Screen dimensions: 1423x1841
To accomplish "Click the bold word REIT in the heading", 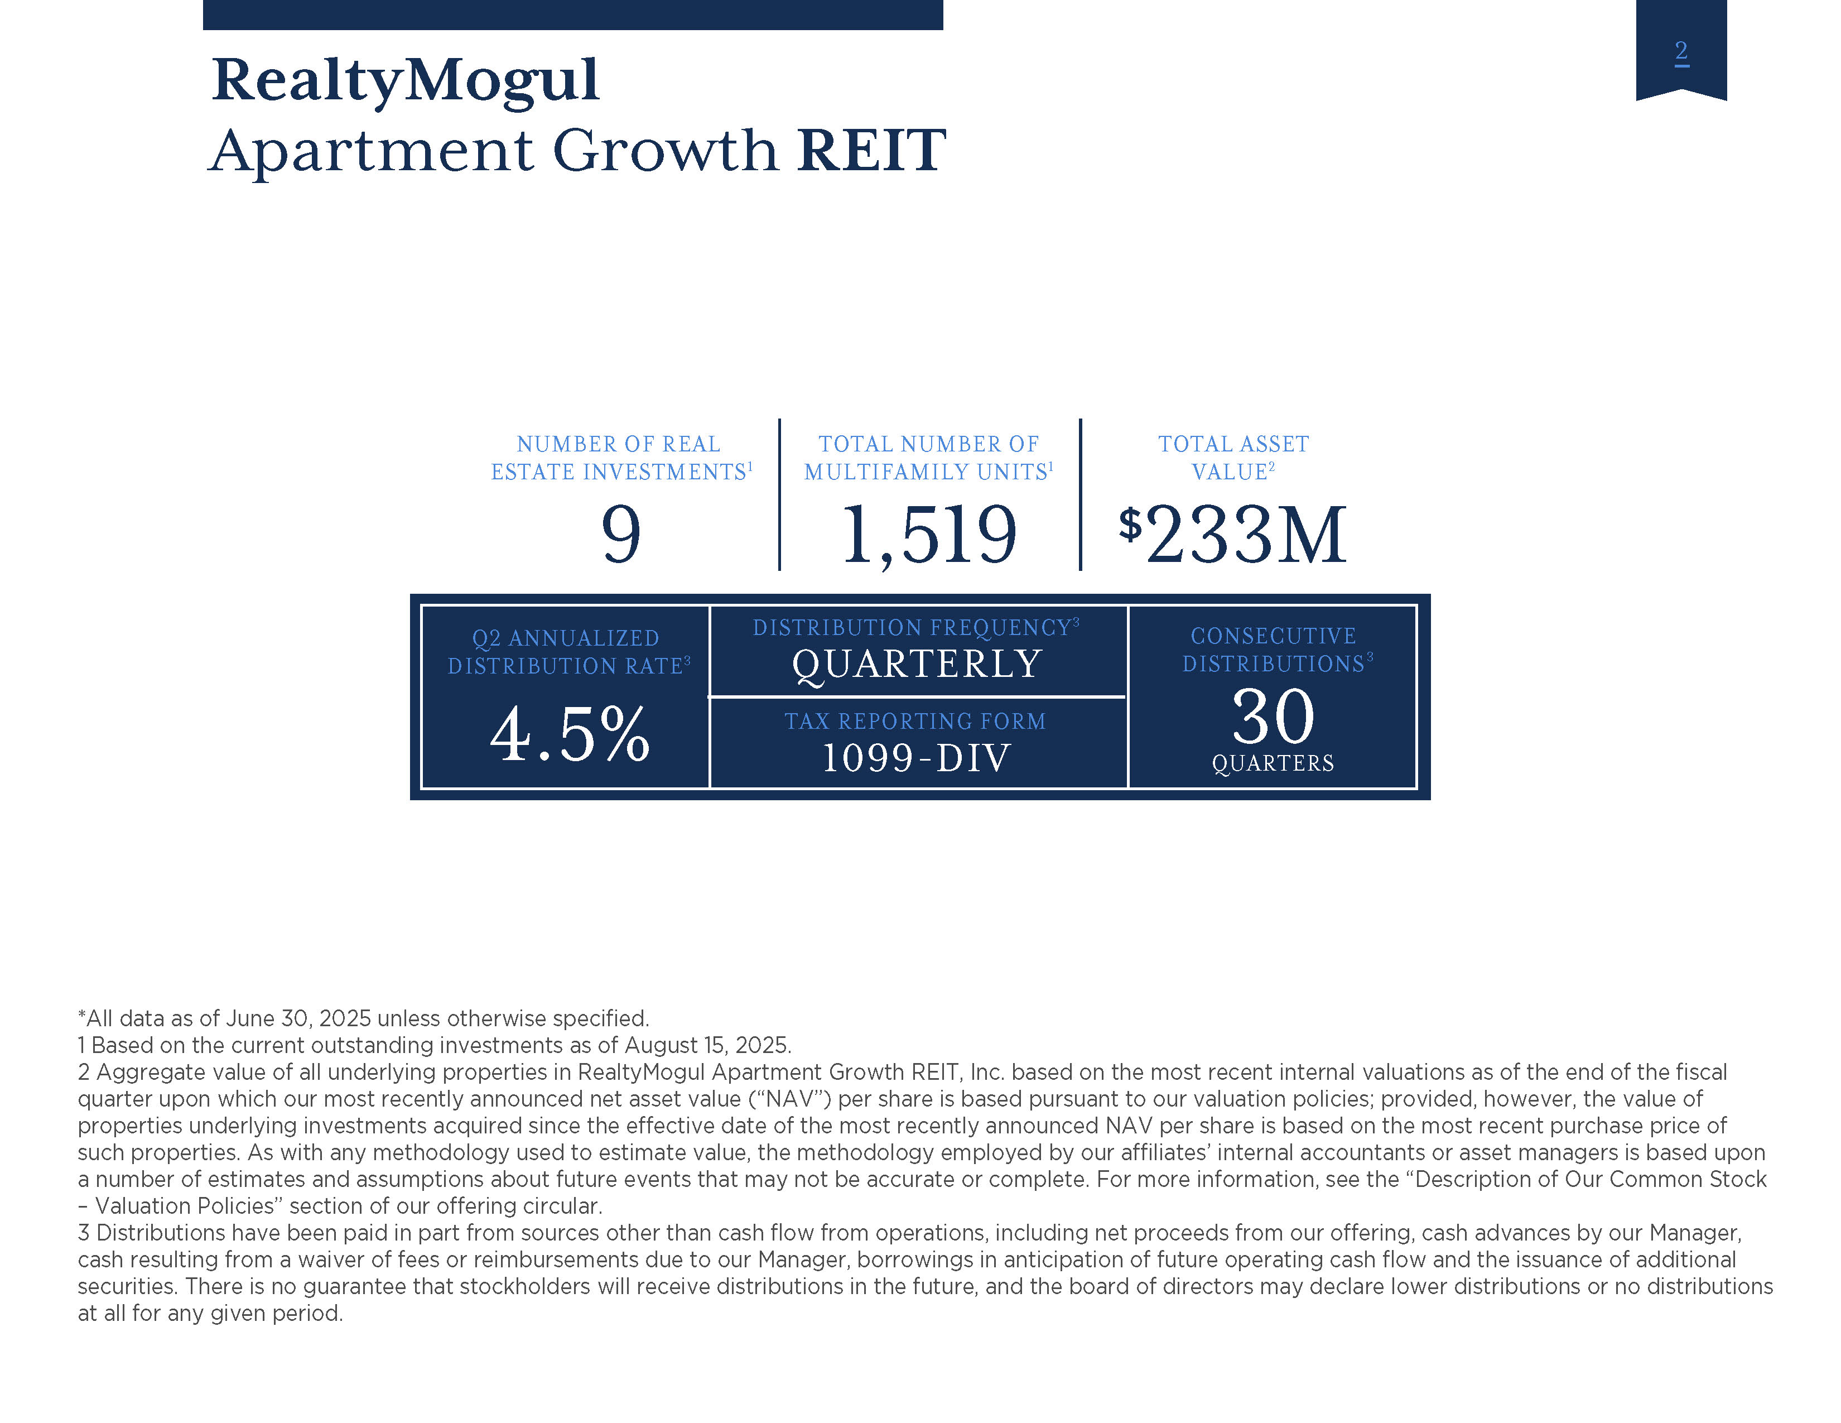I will [871, 150].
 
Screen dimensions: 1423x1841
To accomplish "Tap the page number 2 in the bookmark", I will [1681, 52].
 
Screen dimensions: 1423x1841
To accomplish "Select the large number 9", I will [621, 535].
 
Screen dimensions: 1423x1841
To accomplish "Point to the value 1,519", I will [929, 535].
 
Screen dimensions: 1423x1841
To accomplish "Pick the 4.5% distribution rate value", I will [570, 734].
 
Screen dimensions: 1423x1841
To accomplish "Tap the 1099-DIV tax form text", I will [916, 758].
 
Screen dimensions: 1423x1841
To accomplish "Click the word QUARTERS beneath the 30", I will [1273, 763].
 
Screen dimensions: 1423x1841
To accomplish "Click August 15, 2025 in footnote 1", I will [706, 1045].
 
